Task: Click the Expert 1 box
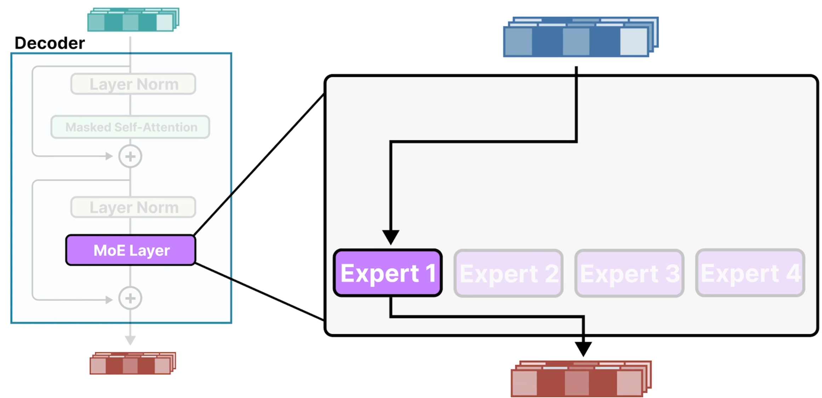pos(388,273)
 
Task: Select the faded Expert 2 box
pos(508,273)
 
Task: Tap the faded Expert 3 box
pos(629,273)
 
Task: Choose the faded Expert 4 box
pos(750,273)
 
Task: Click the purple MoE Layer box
pos(131,250)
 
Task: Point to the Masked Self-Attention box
pos(131,127)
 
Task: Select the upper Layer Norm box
pos(133,84)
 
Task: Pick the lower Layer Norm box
pos(133,207)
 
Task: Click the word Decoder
pos(50,43)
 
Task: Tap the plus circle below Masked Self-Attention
pos(130,156)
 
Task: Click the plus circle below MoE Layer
pos(130,298)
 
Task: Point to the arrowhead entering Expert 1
pos(391,237)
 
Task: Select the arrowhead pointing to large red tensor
pos(583,348)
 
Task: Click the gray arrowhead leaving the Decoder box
pos(130,340)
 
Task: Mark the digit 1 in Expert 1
pos(431,273)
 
